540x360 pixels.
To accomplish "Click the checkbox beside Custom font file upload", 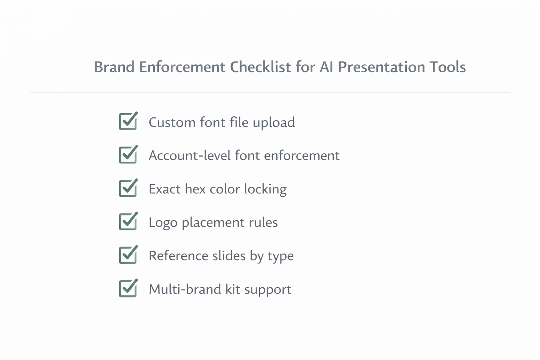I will click(x=128, y=122).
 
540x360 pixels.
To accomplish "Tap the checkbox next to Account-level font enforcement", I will click(x=128, y=155).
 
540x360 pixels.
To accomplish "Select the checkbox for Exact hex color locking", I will click(x=128, y=188).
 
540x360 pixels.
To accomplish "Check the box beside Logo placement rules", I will click(x=128, y=222).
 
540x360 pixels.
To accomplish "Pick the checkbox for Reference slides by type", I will click(x=128, y=255).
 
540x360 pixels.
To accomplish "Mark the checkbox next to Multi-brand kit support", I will click(x=128, y=289).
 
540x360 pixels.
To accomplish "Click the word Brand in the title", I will click(x=114, y=67).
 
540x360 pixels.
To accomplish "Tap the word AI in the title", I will click(x=326, y=67).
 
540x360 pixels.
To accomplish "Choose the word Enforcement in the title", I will click(x=182, y=67).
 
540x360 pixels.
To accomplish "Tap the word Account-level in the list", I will click(x=189, y=155).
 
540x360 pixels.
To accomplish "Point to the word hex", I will click(x=195, y=189).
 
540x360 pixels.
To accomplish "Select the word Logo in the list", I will click(x=163, y=223).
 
